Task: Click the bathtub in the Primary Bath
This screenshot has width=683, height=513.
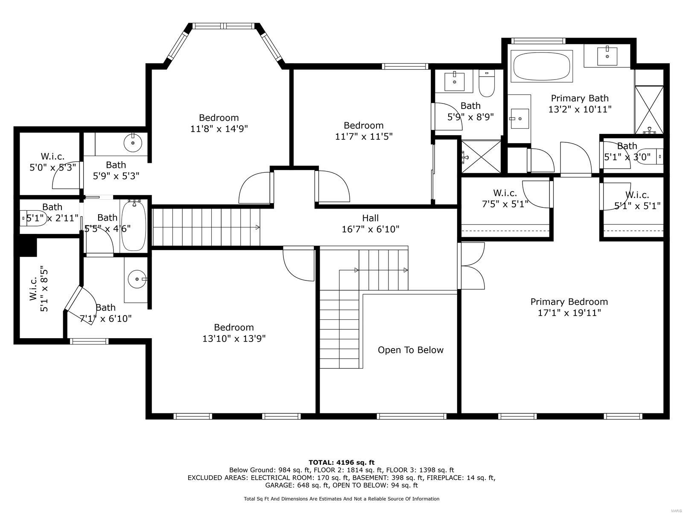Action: pos(542,66)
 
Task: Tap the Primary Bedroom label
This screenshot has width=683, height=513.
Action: pos(569,302)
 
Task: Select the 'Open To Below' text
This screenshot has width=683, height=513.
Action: pos(410,350)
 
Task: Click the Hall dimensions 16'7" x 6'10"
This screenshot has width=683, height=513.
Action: pos(370,230)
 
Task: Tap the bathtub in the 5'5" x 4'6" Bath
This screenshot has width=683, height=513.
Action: pos(134,226)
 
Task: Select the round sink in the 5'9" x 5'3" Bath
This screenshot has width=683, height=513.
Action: pos(133,143)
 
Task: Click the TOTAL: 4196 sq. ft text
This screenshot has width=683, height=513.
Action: pos(341,462)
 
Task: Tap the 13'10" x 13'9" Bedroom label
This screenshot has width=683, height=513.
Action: pos(234,333)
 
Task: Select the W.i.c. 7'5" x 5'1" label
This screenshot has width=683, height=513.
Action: pos(505,199)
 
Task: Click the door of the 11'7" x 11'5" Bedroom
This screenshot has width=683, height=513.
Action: pos(333,186)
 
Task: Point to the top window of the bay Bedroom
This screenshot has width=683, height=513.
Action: pos(225,26)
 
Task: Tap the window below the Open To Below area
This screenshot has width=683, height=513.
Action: pos(411,416)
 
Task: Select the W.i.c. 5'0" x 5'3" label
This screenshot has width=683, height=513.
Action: pos(53,162)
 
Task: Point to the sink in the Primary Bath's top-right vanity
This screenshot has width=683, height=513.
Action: pos(607,55)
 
